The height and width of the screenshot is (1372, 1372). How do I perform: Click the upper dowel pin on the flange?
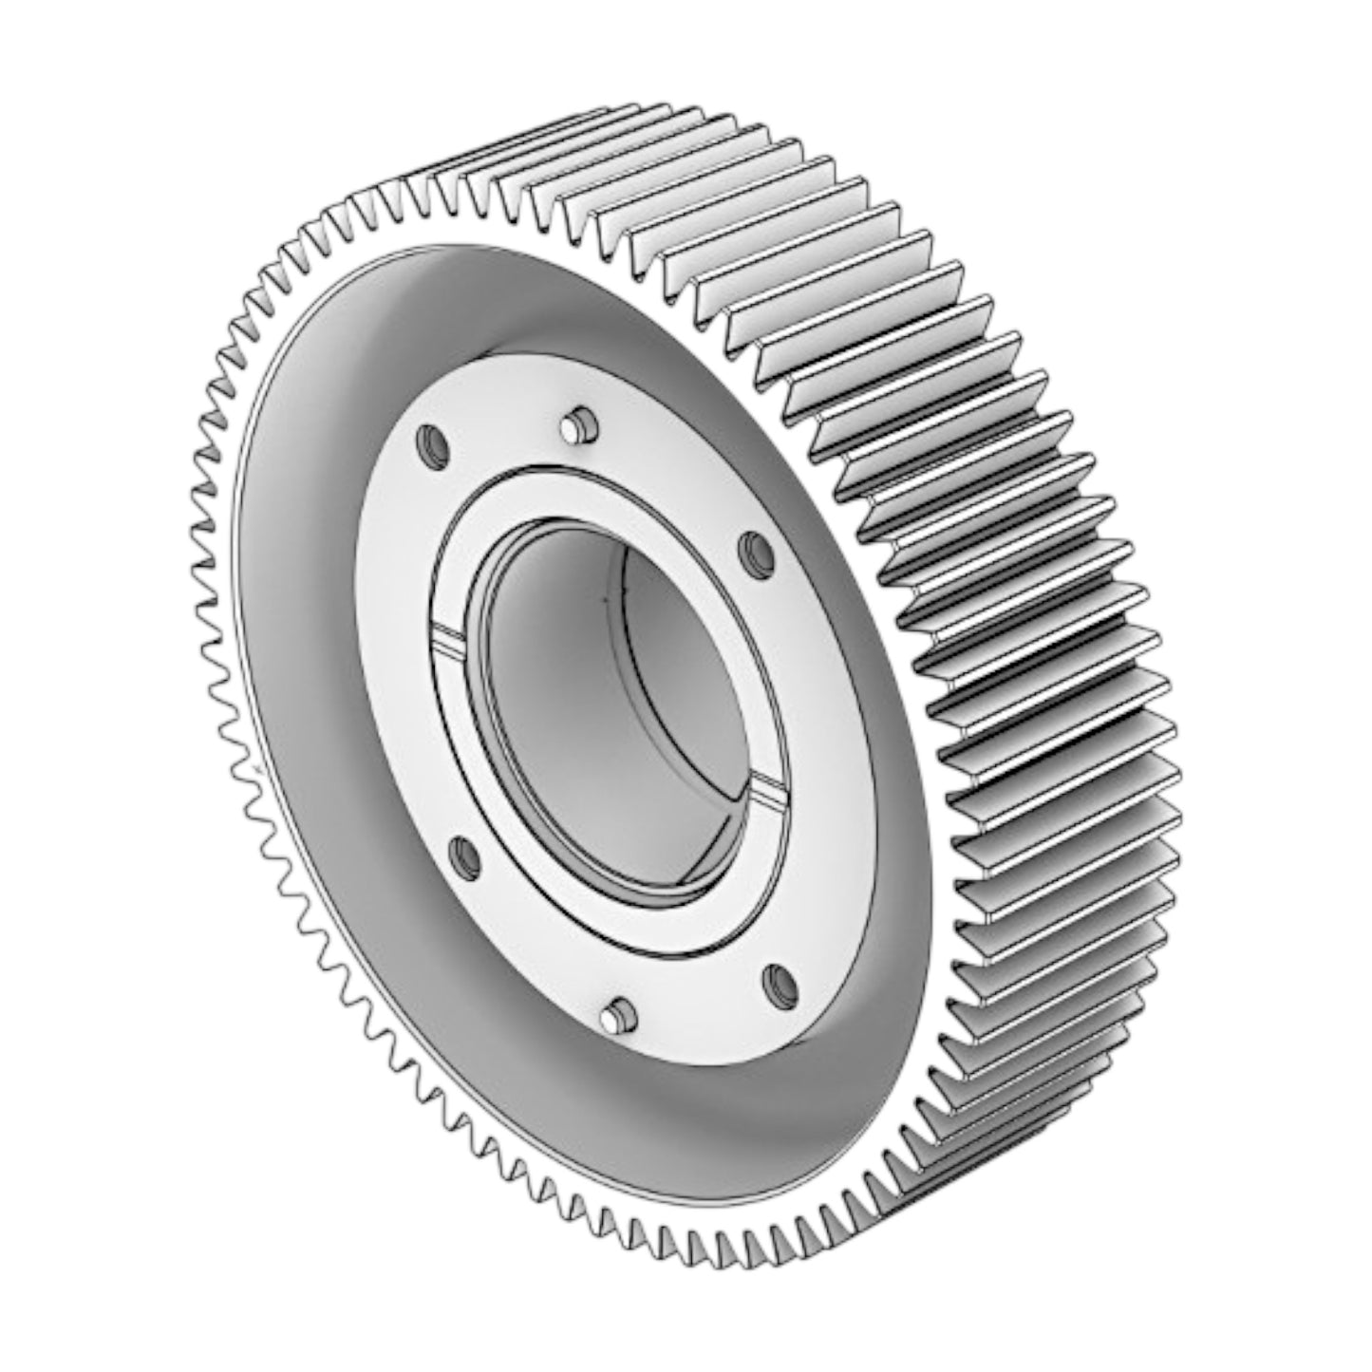(x=577, y=427)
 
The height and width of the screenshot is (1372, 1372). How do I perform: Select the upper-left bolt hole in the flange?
(x=433, y=442)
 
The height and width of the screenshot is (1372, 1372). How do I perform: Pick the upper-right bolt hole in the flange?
(x=757, y=549)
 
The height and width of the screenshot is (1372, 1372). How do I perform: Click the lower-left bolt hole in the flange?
(x=463, y=855)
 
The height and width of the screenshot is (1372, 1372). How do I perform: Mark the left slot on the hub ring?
(x=446, y=634)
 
